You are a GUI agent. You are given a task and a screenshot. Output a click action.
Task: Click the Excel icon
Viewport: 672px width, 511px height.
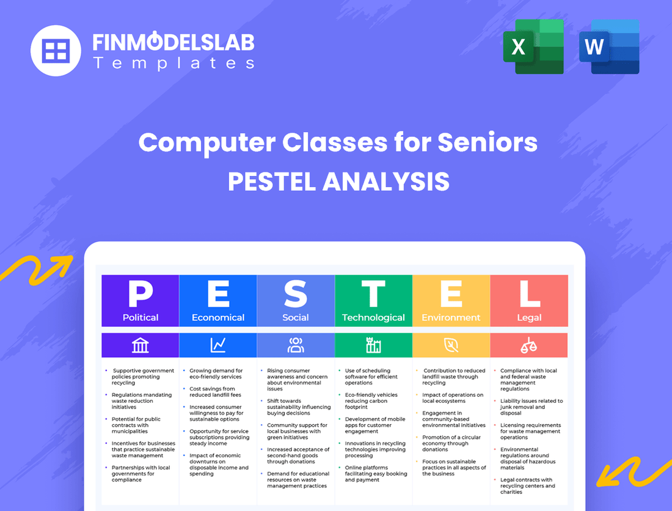(x=533, y=46)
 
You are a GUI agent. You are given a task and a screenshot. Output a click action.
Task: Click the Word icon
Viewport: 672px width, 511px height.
(x=609, y=46)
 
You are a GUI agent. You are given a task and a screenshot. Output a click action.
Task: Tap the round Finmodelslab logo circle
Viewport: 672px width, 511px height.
(x=56, y=50)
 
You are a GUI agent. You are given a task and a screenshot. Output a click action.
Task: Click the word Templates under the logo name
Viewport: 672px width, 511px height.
(x=173, y=63)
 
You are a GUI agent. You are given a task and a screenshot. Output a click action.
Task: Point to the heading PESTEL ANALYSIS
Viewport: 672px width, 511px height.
(x=338, y=182)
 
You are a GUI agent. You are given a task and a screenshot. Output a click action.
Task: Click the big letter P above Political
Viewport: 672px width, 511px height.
(x=141, y=293)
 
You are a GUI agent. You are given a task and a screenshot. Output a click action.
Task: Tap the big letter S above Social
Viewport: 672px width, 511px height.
(x=296, y=293)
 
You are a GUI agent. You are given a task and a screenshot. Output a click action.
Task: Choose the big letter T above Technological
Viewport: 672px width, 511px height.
(x=373, y=293)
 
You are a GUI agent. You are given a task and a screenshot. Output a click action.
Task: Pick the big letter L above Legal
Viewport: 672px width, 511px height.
(x=529, y=293)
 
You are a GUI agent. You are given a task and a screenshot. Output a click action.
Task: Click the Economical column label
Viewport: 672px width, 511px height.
(x=218, y=318)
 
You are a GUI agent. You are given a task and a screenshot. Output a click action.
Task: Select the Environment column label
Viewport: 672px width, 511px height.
(x=451, y=318)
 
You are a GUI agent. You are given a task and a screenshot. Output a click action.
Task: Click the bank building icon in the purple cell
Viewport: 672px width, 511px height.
(x=141, y=346)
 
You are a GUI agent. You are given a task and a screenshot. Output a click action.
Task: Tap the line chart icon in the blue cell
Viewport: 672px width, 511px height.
(x=218, y=346)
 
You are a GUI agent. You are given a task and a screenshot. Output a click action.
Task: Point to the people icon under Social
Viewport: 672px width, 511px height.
(x=296, y=346)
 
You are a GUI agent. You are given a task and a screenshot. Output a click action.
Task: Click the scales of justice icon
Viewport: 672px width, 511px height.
(x=529, y=346)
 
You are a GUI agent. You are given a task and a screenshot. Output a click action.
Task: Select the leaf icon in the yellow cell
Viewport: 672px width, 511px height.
(x=451, y=346)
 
